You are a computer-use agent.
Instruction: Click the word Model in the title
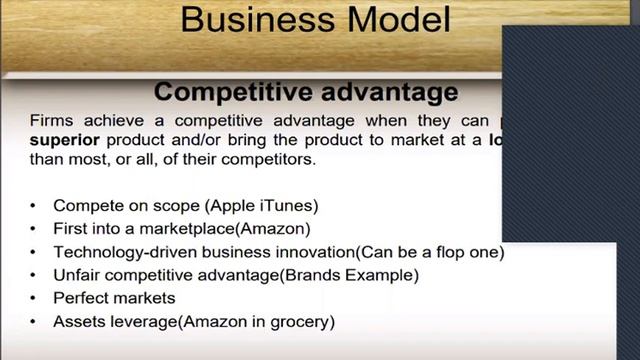(395, 19)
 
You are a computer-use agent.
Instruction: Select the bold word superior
(63, 139)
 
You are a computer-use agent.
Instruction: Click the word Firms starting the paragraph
(51, 120)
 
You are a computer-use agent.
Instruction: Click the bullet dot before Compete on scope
(32, 206)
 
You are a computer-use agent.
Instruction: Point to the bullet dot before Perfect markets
(32, 298)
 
